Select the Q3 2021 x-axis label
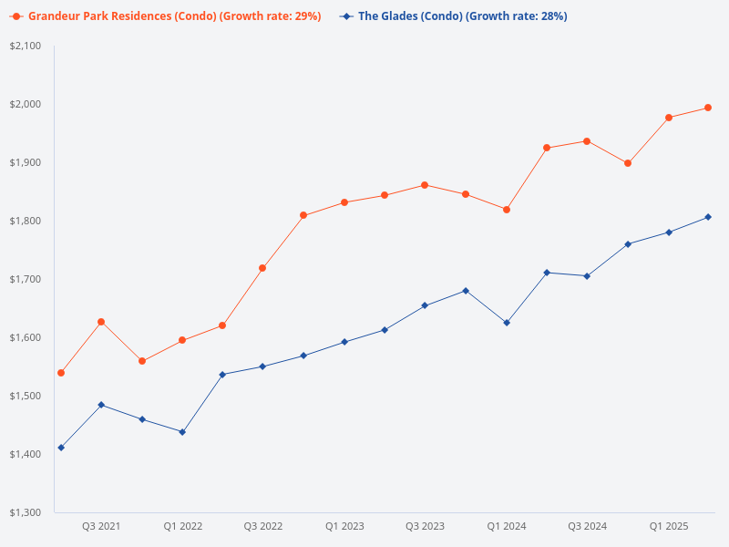coord(101,527)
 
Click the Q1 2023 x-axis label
coord(344,527)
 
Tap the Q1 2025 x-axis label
coord(669,527)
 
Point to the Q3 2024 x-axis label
coord(588,527)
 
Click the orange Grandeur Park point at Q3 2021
coord(101,322)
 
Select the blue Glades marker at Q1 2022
coord(182,432)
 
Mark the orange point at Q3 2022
coord(262,268)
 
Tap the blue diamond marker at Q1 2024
coord(507,323)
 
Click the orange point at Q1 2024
coord(507,210)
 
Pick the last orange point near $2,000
coord(708,108)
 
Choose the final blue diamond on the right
coord(708,217)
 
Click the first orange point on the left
coord(61,373)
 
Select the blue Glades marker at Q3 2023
coord(425,305)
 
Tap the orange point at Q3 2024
coord(587,141)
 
